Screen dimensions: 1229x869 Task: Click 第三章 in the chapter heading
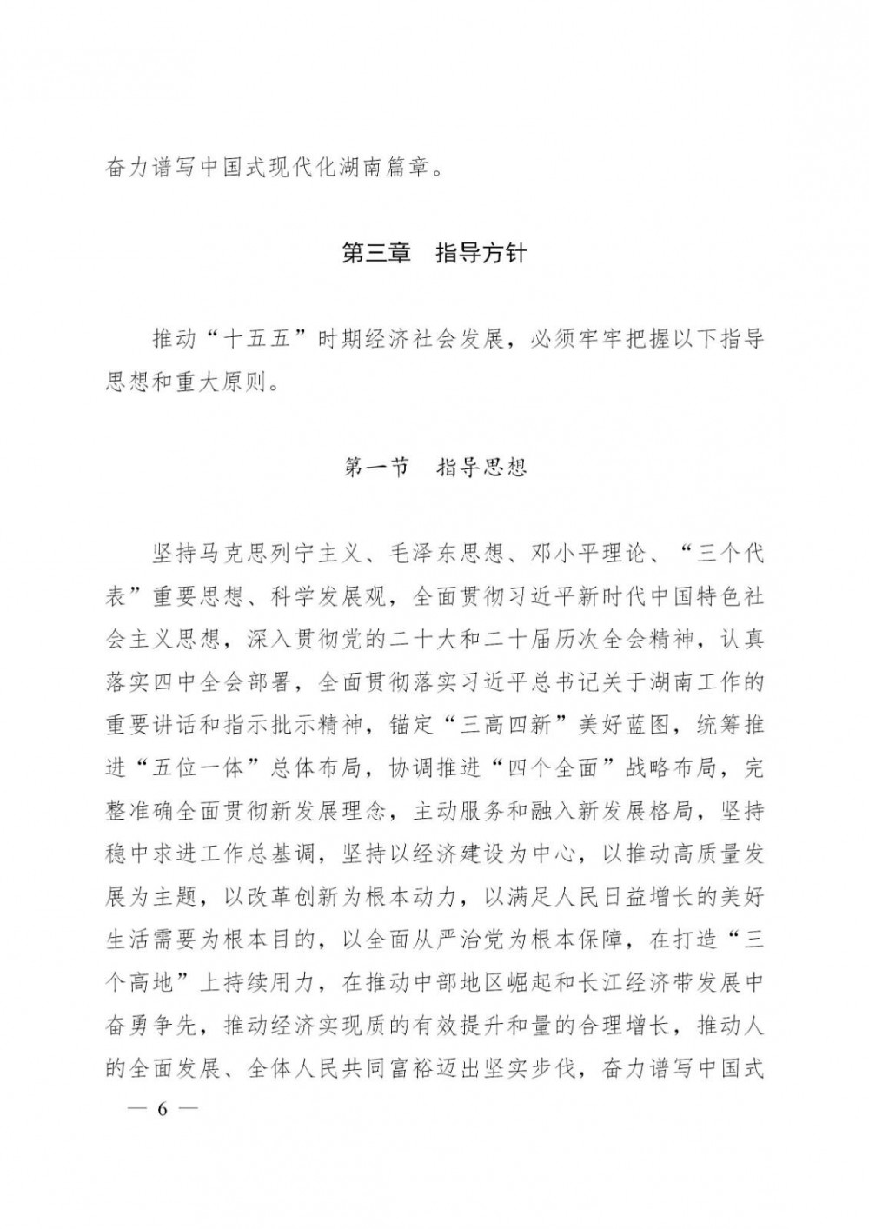pyautogui.click(x=375, y=255)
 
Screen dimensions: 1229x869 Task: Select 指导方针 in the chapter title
pyautogui.click(x=481, y=255)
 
